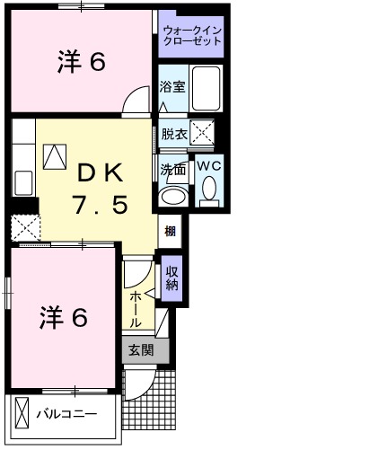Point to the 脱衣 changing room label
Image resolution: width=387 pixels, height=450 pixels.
[173, 134]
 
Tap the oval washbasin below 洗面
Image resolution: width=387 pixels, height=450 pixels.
[172, 197]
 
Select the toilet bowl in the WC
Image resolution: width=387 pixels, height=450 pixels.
[209, 190]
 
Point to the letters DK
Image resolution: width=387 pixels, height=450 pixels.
[99, 172]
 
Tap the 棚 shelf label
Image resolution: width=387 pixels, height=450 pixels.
[171, 231]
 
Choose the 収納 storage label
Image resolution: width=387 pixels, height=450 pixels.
[171, 278]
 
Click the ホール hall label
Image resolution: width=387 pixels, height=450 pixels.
[136, 307]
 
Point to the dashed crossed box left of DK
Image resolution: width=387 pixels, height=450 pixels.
[24, 227]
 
